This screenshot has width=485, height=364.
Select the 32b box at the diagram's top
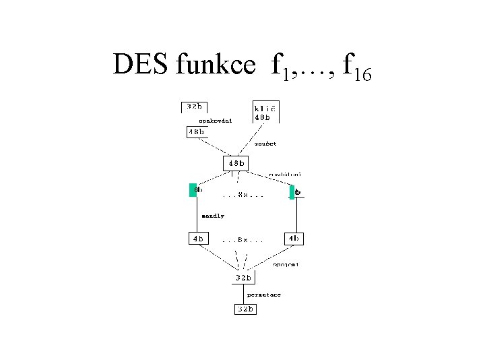pyautogui.click(x=194, y=107)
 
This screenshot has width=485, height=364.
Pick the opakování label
pyautogui.click(x=215, y=121)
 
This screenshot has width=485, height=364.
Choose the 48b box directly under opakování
pyautogui.click(x=197, y=132)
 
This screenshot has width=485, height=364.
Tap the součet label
pyautogui.click(x=265, y=144)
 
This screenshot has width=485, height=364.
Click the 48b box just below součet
pyautogui.click(x=235, y=163)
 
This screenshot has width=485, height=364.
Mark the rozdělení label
pyautogui.click(x=284, y=175)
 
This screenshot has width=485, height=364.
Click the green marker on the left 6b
pyautogui.click(x=192, y=189)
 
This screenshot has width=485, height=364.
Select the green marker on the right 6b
pyautogui.click(x=292, y=192)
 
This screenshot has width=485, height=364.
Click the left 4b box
pyautogui.click(x=198, y=238)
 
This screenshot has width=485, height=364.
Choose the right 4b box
pyautogui.click(x=294, y=238)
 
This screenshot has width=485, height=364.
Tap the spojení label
pyautogui.click(x=286, y=265)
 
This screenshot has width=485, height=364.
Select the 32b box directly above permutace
pyautogui.click(x=243, y=277)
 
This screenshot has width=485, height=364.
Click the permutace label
pyautogui.click(x=263, y=295)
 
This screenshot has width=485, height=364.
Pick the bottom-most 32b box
pyautogui.click(x=245, y=309)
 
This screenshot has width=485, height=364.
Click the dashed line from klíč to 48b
pyautogui.click(x=253, y=139)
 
